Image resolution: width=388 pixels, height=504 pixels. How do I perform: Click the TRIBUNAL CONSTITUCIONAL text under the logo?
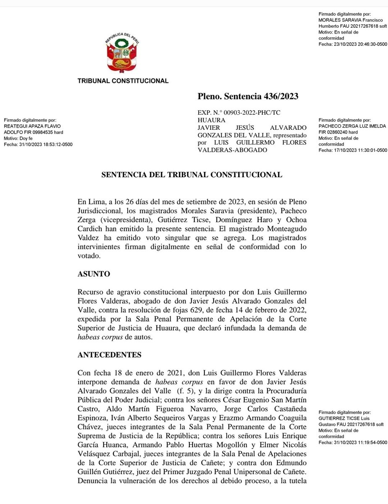point(123,81)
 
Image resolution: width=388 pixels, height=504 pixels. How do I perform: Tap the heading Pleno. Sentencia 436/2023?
point(248,96)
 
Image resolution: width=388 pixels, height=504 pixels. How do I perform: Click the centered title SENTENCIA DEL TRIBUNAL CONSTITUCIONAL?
point(192,174)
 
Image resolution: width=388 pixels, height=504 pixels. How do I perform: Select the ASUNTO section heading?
point(94,274)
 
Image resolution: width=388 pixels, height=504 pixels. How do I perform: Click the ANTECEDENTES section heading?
point(110,354)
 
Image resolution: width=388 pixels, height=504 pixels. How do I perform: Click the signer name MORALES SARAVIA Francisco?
point(351,20)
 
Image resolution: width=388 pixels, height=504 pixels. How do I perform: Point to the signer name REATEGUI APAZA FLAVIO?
point(32,126)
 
